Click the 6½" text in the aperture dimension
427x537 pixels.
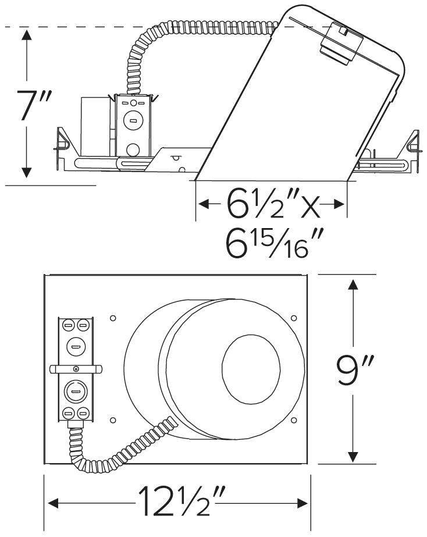point(255,205)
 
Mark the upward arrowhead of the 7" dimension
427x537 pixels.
point(26,36)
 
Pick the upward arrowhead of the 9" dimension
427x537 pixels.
point(353,286)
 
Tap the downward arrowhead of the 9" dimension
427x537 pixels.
point(353,456)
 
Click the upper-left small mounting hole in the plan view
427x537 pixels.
point(113,318)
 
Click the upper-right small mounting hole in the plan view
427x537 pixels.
point(294,318)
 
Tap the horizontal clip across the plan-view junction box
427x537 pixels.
point(76,368)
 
